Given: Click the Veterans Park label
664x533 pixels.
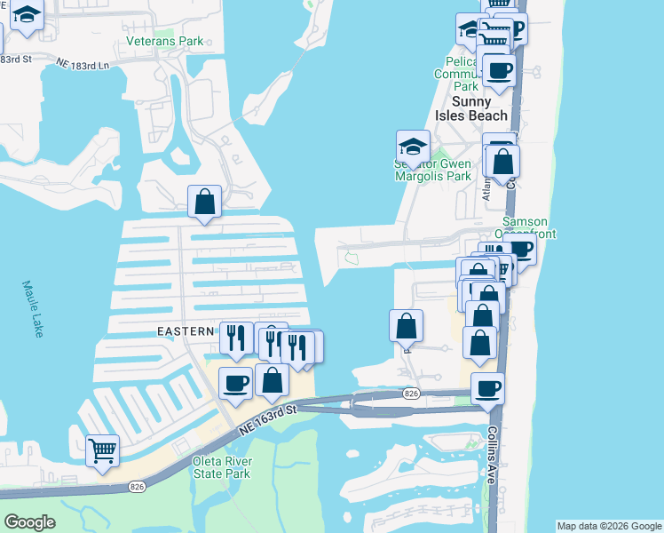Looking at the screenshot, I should [x=164, y=41].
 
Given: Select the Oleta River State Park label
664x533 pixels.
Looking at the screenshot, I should [x=222, y=467].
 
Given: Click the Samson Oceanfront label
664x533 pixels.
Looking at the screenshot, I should [x=529, y=227].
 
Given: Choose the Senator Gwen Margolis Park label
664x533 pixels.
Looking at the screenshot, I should [x=432, y=170].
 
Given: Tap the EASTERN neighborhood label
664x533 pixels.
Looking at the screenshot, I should [x=186, y=331].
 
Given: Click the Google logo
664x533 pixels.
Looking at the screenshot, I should [x=29, y=522].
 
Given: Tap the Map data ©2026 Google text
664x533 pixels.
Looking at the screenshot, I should [x=608, y=526].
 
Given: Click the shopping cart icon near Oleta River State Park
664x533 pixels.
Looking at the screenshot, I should [x=102, y=449].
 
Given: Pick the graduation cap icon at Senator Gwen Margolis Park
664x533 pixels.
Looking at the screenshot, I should [x=413, y=145].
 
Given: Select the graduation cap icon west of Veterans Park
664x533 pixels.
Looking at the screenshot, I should [x=28, y=15].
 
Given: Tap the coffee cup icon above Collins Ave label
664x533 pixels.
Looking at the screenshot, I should [x=487, y=386].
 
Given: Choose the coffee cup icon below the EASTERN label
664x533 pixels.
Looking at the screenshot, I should [x=235, y=382].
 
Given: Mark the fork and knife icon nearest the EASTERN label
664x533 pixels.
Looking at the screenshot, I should [x=236, y=337].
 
